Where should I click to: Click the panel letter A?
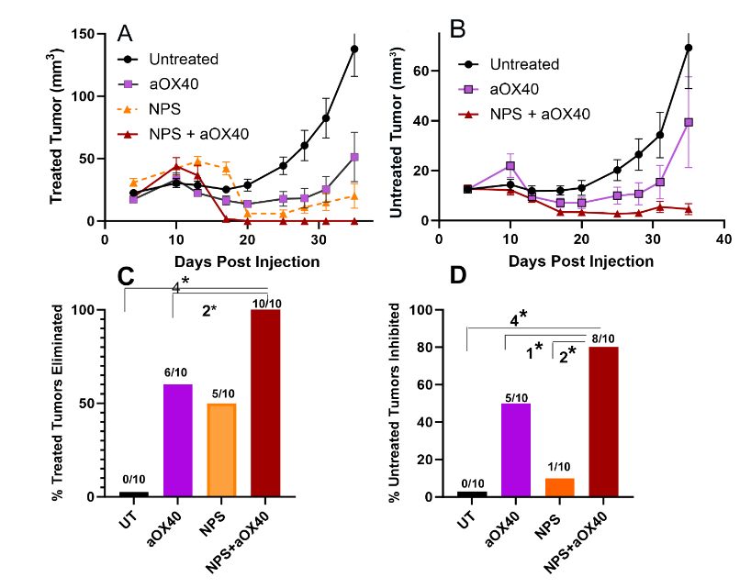click(x=126, y=33)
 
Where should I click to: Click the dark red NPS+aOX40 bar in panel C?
click(x=266, y=404)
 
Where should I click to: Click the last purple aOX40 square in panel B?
click(x=689, y=122)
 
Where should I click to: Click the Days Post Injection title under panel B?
click(x=582, y=261)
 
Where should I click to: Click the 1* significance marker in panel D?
click(x=533, y=351)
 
